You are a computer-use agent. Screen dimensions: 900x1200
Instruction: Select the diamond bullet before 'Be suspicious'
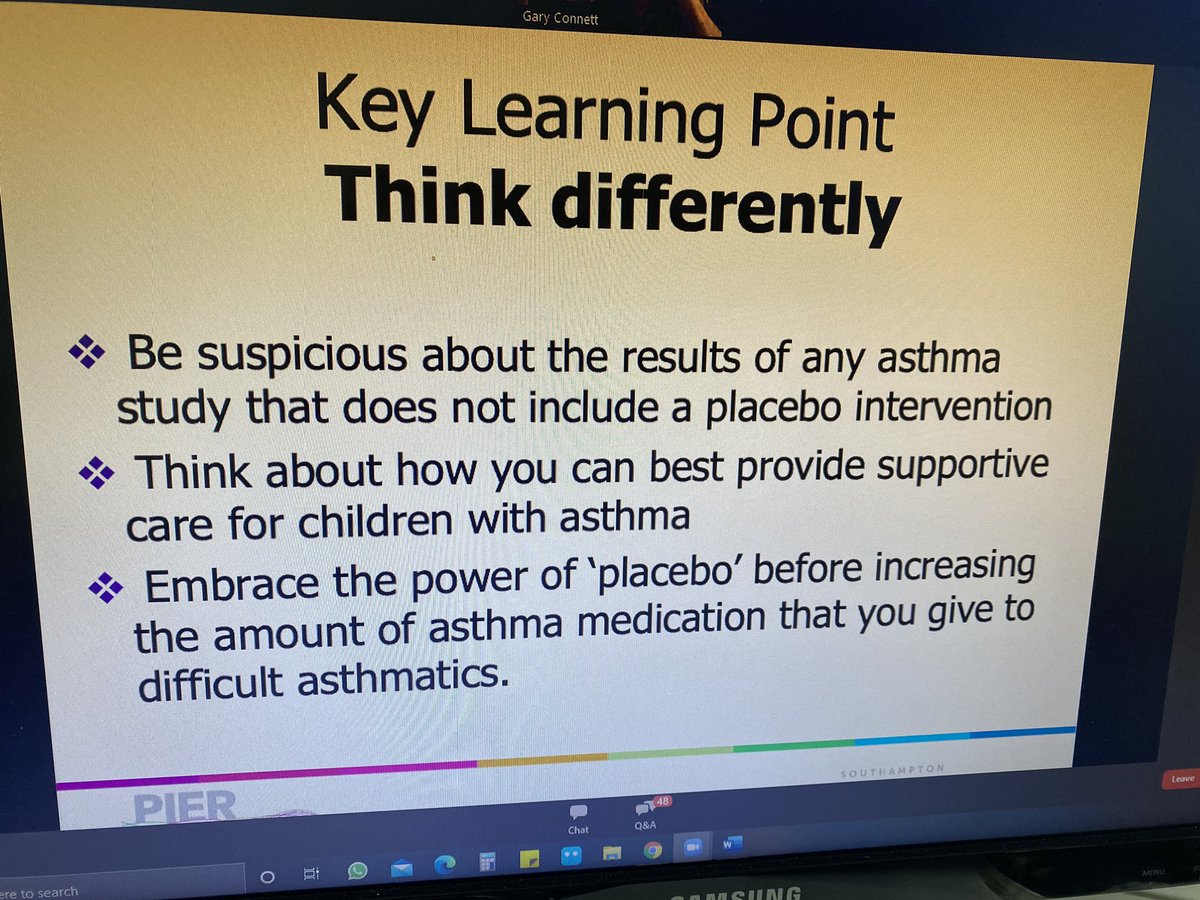(x=87, y=351)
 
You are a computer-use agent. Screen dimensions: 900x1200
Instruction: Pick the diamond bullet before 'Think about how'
(x=98, y=473)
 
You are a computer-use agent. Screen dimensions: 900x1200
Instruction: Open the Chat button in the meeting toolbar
(x=577, y=817)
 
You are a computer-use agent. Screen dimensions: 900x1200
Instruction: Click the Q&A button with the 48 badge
(x=645, y=813)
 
